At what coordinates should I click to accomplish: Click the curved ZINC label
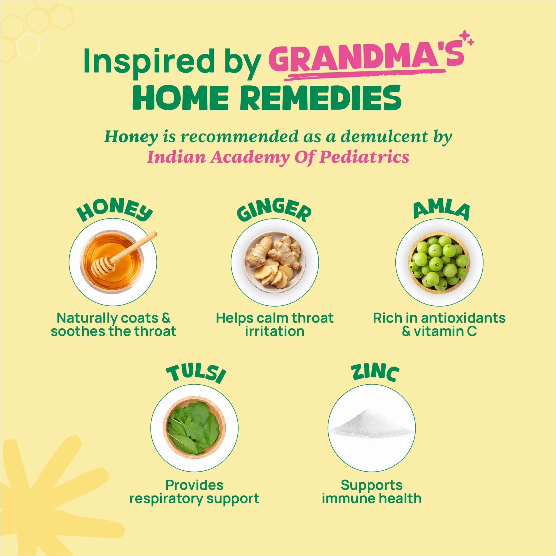point(375,373)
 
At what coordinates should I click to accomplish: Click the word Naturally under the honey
point(87,319)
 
